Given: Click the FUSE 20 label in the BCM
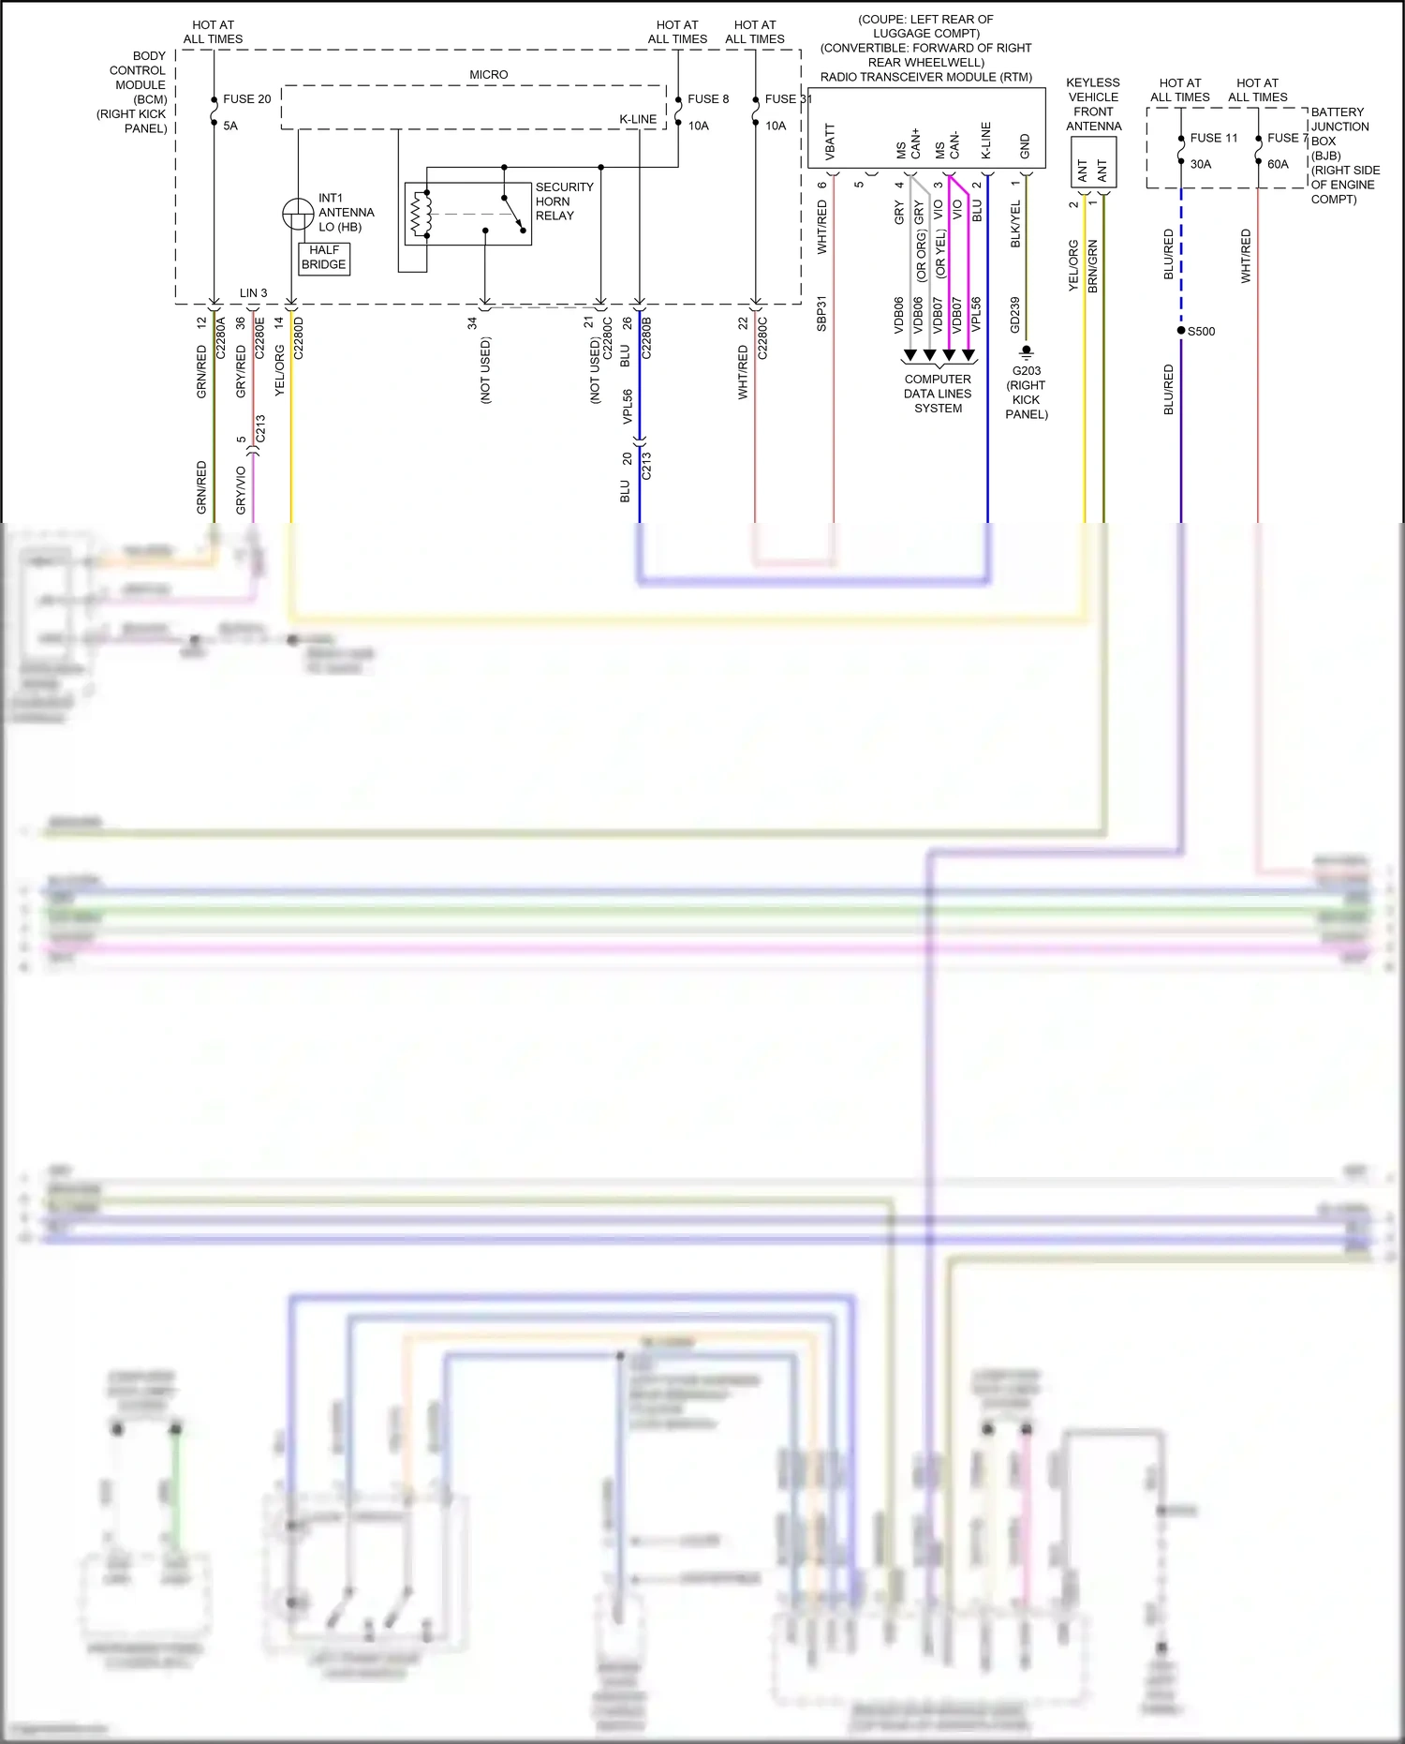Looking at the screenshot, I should (246, 99).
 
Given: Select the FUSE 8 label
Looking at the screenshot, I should (707, 99).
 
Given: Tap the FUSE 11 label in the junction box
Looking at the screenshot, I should (1213, 138).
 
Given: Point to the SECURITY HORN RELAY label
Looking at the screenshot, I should (564, 201).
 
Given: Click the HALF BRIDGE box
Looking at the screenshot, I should (324, 258).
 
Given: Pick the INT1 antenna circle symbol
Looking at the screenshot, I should (298, 214).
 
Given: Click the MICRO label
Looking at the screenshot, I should (489, 75).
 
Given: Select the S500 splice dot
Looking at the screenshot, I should (1181, 331).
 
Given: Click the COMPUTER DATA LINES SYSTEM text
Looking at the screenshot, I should (938, 394).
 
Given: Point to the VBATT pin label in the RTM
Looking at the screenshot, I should (830, 142).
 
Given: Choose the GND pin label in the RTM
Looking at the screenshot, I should (1025, 146).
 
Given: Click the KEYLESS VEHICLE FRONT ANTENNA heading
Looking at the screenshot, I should (1093, 104).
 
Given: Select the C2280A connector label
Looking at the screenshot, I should (221, 337).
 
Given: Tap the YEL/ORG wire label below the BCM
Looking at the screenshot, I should (279, 370).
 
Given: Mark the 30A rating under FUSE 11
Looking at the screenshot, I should (1201, 164).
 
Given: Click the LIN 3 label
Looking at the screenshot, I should (253, 293).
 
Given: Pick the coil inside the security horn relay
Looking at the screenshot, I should (421, 215).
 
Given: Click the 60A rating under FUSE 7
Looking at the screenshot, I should (1278, 164).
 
